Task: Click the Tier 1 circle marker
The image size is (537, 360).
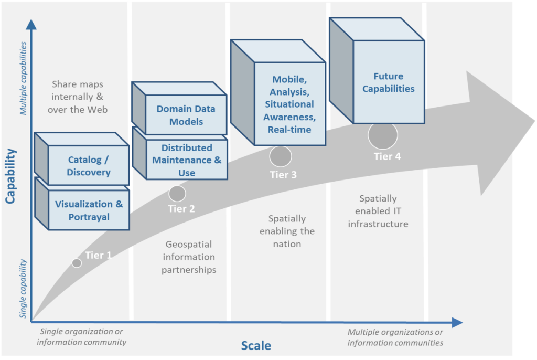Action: pos(77,263)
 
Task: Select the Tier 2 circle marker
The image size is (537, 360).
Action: pos(177,194)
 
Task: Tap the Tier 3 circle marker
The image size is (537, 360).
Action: pos(281,156)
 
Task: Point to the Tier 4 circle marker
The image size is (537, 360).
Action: pos(383,135)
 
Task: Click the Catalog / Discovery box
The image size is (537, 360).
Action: pos(89,166)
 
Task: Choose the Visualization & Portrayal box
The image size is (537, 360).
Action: pos(89,210)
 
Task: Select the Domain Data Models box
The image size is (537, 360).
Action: pos(186,115)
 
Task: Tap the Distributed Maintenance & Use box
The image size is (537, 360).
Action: pos(187,160)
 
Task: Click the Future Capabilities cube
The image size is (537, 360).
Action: pos(388,83)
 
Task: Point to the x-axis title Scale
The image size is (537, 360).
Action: pos(256,345)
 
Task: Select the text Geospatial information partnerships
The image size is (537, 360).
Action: pos(189,257)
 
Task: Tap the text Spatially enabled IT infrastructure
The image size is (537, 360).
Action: pos(381,211)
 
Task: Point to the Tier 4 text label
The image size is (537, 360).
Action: pos(387,156)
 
